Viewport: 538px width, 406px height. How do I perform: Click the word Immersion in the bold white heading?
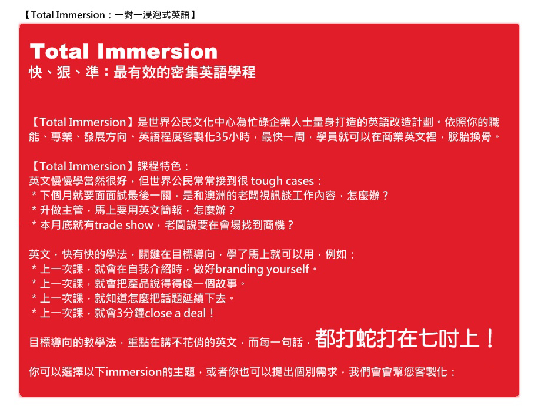point(157,52)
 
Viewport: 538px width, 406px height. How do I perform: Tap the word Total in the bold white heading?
point(59,52)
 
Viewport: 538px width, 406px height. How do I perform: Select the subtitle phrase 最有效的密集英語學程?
point(185,72)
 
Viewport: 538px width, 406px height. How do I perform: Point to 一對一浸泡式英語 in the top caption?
point(152,15)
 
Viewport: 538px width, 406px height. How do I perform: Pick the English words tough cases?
point(282,181)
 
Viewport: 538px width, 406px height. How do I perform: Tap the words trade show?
point(123,225)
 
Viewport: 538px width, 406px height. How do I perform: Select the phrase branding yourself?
point(262,269)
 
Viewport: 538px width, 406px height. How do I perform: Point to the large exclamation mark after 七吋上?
point(490,338)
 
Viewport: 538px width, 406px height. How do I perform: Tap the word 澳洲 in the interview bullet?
point(215,196)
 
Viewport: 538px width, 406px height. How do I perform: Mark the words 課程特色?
point(159,166)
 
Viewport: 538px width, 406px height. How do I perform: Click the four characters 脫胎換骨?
point(469,137)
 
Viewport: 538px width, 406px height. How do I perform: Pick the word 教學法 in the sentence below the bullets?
point(100,343)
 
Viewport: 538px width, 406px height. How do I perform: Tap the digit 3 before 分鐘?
point(119,313)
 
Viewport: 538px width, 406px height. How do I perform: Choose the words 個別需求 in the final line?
point(316,372)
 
